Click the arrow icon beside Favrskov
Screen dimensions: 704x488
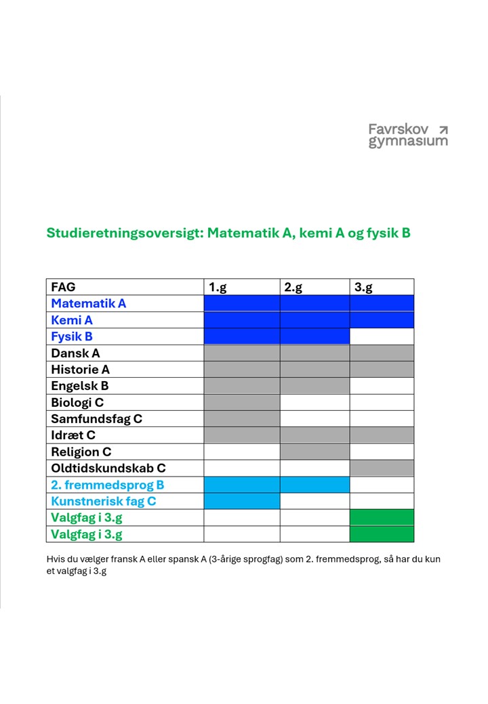(x=443, y=129)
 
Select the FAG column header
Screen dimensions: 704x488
(x=63, y=287)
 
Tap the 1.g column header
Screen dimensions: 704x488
(x=218, y=287)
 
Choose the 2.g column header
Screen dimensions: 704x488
(x=293, y=287)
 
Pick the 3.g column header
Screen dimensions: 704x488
(x=364, y=287)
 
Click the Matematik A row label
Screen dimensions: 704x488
(x=89, y=303)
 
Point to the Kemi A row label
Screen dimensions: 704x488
(x=72, y=320)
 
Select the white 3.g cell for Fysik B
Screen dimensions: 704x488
(x=382, y=336)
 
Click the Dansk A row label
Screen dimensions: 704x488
(x=75, y=353)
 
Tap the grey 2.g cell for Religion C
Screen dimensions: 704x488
(x=314, y=452)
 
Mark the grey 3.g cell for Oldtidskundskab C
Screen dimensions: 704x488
(x=382, y=468)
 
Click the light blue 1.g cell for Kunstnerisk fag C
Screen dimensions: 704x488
(x=242, y=501)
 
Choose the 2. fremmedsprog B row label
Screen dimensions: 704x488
(x=107, y=485)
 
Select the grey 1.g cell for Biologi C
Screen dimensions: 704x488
(x=242, y=402)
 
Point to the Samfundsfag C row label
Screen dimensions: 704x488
(x=96, y=419)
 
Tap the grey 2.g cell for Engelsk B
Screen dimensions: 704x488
(x=314, y=386)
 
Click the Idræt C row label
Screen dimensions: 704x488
(x=73, y=435)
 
